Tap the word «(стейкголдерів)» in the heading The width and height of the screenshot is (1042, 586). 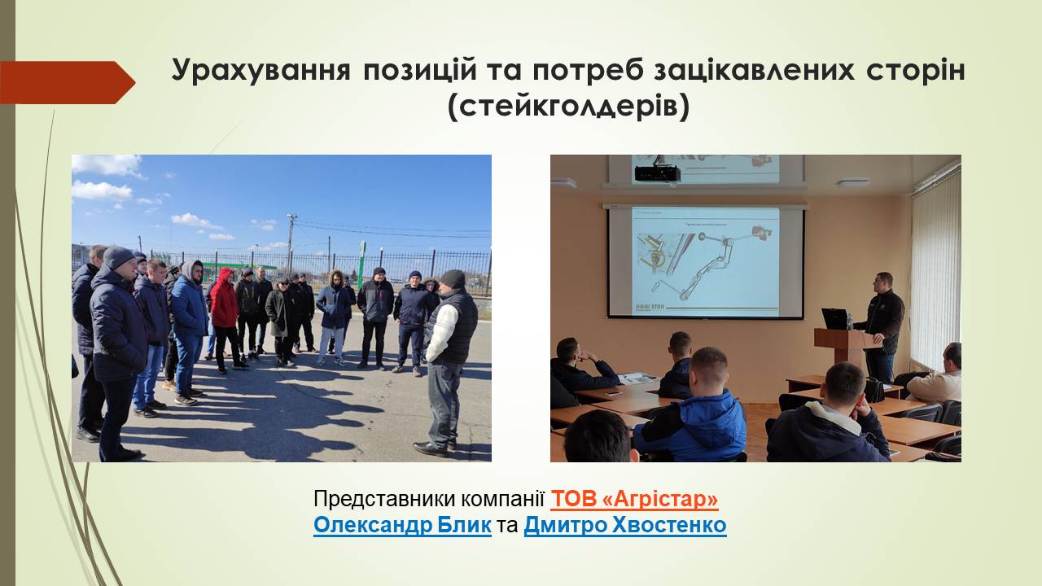pos(568,108)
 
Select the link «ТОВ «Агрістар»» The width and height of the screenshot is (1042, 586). pos(634,499)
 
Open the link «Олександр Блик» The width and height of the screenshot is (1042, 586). pos(402,526)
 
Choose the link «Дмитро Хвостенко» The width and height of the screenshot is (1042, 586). pos(625,526)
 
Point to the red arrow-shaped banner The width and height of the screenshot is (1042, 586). pos(68,83)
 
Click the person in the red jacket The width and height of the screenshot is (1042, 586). pos(225,319)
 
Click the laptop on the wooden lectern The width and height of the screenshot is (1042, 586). pos(836,319)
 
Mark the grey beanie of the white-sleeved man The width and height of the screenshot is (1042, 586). pos(453,278)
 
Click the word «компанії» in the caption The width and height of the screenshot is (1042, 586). pos(503,499)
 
